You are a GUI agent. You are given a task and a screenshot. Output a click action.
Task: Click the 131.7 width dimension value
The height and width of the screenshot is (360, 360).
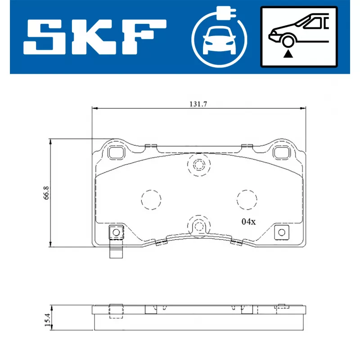pos(197,104)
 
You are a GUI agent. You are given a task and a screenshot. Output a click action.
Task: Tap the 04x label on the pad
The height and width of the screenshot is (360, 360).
pos(248,221)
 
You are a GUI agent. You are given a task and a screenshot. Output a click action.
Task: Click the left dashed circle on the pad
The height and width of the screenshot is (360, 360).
pos(151,199)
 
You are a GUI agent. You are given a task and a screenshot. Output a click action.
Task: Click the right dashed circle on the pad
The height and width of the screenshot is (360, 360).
pos(247,199)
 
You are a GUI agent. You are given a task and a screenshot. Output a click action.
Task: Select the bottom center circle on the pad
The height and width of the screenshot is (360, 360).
pos(198,226)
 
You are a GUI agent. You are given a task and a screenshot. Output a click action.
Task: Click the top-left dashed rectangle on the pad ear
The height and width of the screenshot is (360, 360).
pos(117,153)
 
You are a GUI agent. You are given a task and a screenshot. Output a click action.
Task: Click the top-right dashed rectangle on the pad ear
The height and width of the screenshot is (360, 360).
pos(282,153)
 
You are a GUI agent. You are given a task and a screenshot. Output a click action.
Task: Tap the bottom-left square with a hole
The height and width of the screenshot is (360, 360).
pos(116,232)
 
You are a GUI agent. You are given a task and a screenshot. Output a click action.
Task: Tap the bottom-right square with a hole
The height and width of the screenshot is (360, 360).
pos(282,232)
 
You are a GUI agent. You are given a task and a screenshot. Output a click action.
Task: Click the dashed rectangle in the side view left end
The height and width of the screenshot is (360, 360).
pos(117,311)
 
